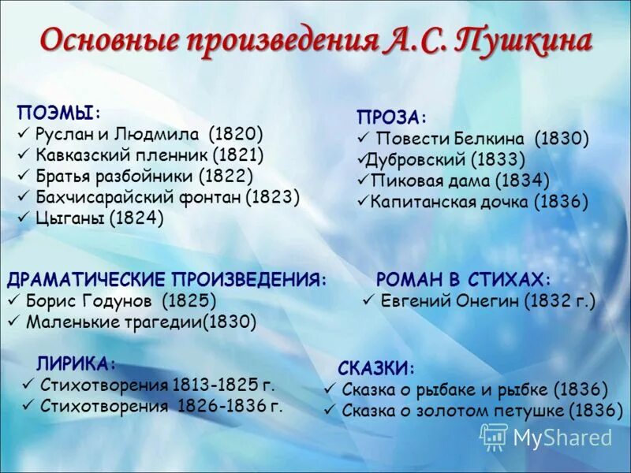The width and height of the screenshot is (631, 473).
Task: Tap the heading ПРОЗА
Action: [389, 118]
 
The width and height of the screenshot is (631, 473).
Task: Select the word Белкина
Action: [492, 140]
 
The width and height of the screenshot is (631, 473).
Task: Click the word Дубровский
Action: [417, 160]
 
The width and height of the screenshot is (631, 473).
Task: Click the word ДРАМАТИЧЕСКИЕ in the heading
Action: [87, 280]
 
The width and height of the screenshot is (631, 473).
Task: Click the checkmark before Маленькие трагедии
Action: [13, 322]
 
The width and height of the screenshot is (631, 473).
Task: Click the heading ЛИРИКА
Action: [75, 363]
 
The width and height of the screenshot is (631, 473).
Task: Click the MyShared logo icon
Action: [494, 436]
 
